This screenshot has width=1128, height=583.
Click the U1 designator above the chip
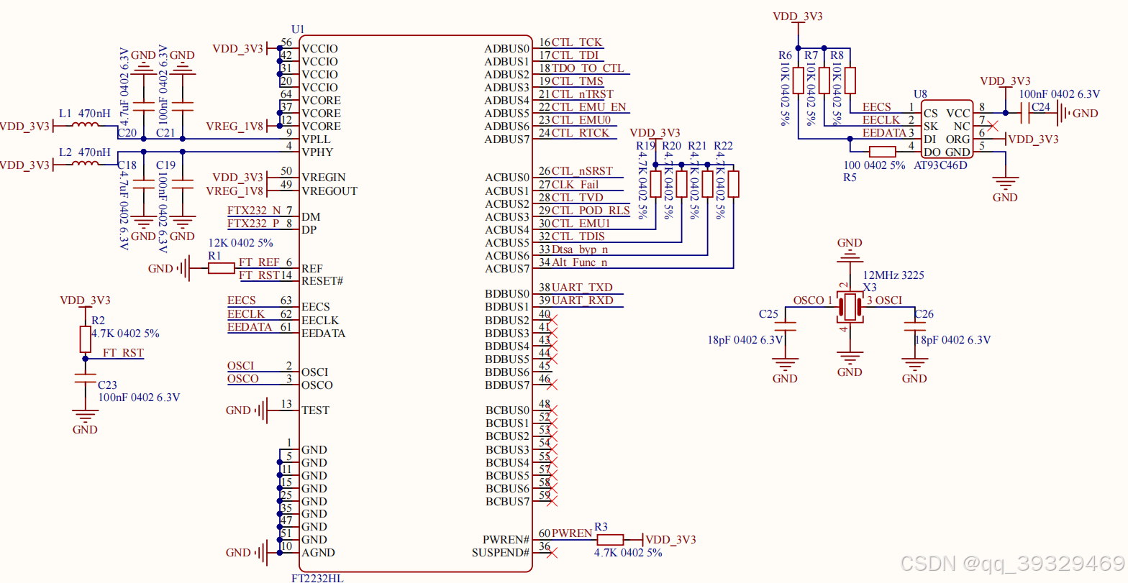click(x=298, y=29)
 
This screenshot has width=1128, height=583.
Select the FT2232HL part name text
click(x=317, y=577)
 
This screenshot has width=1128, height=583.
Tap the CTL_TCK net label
click(x=577, y=42)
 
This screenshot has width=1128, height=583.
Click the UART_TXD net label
click(x=582, y=288)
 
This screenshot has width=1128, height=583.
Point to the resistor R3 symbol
click(x=610, y=539)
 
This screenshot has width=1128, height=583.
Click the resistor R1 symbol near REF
click(x=222, y=268)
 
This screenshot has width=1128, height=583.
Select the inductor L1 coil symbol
click(x=86, y=126)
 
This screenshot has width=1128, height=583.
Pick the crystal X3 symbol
click(x=850, y=306)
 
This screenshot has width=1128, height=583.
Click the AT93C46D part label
click(x=940, y=165)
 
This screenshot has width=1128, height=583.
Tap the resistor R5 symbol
click(x=882, y=152)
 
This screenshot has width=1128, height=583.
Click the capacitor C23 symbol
click(x=85, y=379)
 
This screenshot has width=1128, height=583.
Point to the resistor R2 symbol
click(x=85, y=339)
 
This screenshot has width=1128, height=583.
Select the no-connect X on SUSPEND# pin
click(x=552, y=553)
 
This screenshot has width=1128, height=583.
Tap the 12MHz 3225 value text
click(x=893, y=275)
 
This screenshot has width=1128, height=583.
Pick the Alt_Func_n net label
click(x=580, y=262)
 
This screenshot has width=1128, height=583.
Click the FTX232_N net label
click(x=255, y=211)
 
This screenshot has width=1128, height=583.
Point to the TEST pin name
click(x=315, y=410)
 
